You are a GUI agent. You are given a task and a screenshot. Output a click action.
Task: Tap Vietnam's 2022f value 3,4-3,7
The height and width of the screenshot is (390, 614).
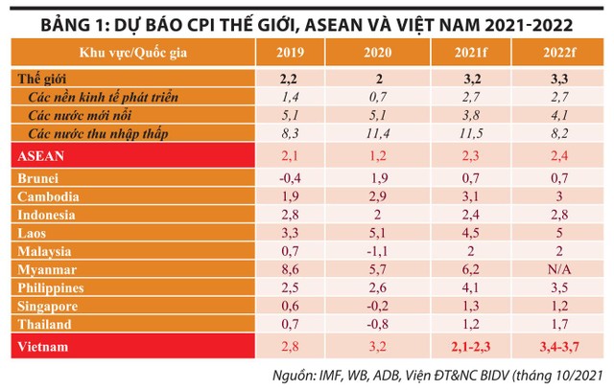557,343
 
